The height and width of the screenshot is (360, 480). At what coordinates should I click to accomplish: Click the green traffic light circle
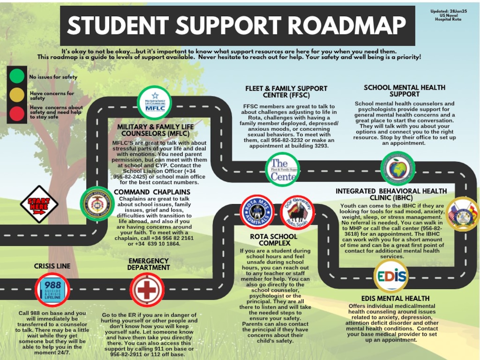[x=17, y=76]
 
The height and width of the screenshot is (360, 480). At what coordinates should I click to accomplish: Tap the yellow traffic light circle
[x=17, y=95]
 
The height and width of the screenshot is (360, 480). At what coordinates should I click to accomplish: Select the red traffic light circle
[x=17, y=113]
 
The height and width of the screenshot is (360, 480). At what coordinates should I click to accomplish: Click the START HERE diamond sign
[x=39, y=204]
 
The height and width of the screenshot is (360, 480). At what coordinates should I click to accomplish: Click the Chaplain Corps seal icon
[x=97, y=204]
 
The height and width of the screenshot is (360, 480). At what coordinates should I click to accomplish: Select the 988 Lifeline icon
[x=53, y=290]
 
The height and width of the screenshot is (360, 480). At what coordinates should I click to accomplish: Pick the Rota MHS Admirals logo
[x=257, y=212]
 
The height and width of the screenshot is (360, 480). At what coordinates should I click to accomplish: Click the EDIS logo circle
[x=391, y=276]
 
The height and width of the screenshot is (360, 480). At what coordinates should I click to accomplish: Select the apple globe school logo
[x=398, y=169]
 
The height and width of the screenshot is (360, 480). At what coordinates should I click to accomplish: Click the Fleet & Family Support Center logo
[x=283, y=170]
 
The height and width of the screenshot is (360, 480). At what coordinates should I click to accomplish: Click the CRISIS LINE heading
[x=52, y=266]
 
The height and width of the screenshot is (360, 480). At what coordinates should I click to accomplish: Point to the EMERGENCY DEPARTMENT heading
[x=149, y=264]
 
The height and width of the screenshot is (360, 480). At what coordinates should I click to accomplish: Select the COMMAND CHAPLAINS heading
[x=152, y=192]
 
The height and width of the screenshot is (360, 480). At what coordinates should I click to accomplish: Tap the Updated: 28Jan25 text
[x=448, y=11]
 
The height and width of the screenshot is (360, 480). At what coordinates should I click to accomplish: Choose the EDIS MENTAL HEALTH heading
[x=395, y=299]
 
